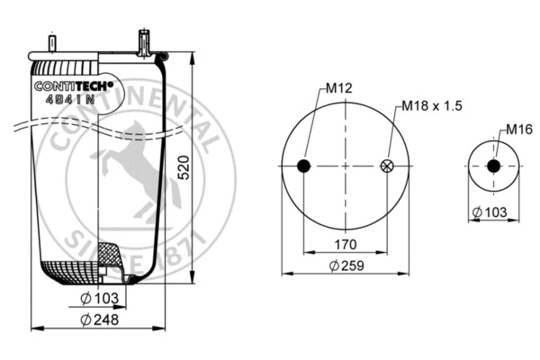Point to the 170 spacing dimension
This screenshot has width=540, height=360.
point(346,244)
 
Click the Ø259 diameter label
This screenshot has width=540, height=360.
point(346,265)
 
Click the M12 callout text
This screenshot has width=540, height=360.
point(337,88)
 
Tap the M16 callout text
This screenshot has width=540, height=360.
point(516,129)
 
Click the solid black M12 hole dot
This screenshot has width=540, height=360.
point(304,166)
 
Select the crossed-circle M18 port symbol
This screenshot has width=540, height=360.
point(388,166)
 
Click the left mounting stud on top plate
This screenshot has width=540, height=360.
point(52,44)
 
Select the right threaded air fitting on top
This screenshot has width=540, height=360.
point(142,41)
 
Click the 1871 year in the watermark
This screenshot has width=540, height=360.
point(188,250)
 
